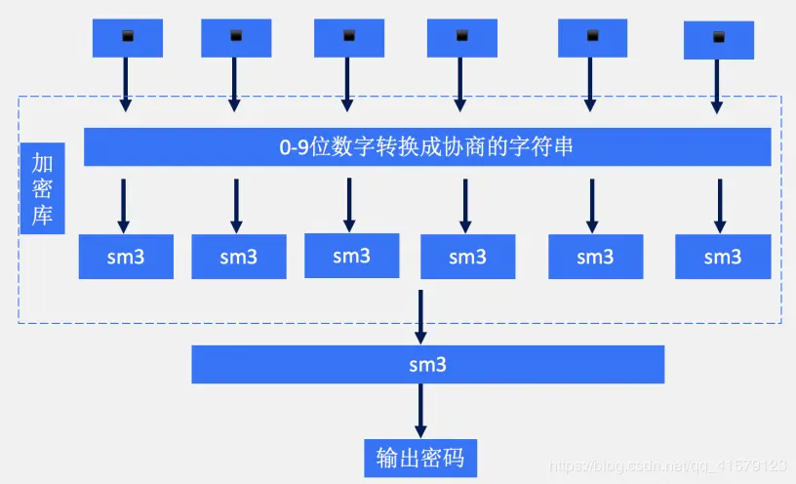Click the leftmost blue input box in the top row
tap(127, 38)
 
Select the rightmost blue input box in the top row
tap(719, 39)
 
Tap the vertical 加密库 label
tap(42, 189)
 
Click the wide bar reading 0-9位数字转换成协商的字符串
tap(426, 147)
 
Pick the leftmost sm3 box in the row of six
tap(126, 257)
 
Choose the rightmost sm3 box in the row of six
tap(722, 257)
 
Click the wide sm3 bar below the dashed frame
tap(427, 365)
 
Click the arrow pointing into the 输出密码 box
tap(421, 410)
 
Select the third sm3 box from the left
tap(351, 256)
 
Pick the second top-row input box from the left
tap(235, 38)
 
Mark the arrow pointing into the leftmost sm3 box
tap(123, 205)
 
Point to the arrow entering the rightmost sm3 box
tap(720, 205)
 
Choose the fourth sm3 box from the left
tap(467, 257)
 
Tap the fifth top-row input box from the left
tap(592, 38)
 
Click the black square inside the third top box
tap(349, 36)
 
